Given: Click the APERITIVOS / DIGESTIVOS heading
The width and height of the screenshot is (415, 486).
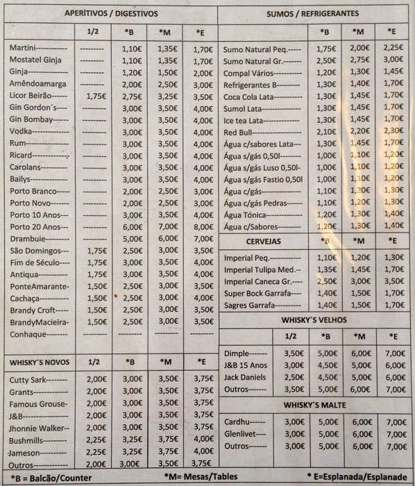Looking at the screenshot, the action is (x=111, y=14).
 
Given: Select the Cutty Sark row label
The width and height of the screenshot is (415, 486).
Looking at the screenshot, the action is (x=28, y=379).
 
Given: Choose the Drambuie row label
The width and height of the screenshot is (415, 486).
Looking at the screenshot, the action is (x=31, y=238).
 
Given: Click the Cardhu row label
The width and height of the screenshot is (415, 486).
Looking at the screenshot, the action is (x=238, y=421).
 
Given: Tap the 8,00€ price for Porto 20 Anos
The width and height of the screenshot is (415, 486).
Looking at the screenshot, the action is (x=203, y=226).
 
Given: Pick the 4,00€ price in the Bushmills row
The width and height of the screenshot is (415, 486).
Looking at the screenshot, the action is (x=203, y=439).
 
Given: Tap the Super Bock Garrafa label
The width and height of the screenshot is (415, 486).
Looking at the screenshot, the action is (x=255, y=292).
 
